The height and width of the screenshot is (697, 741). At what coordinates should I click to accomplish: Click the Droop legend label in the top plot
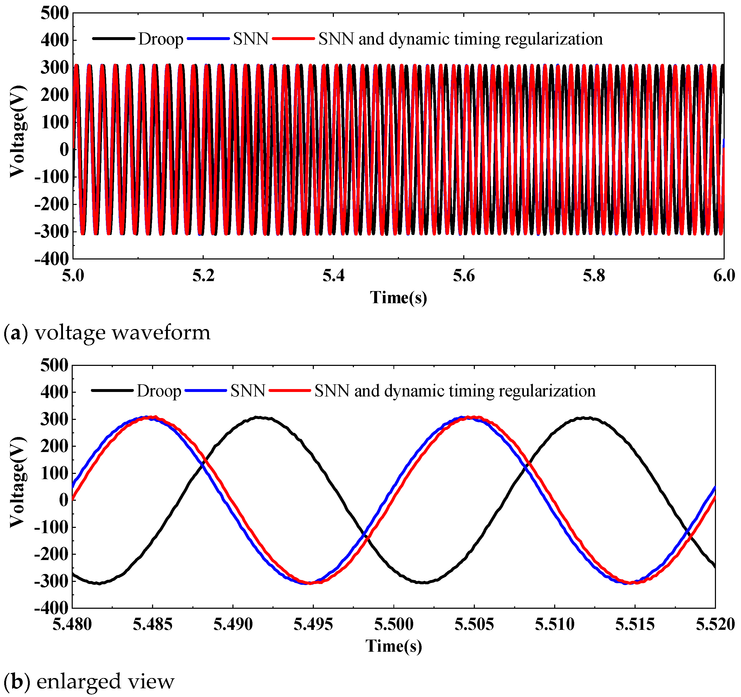[x=161, y=39]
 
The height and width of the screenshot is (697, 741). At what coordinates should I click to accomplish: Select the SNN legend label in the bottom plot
[x=247, y=391]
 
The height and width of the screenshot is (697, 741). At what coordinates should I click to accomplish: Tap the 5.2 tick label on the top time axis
[x=203, y=276]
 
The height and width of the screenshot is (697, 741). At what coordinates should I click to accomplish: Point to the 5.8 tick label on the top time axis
[x=594, y=276]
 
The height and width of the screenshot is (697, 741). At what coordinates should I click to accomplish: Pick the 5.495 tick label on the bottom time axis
[x=313, y=624]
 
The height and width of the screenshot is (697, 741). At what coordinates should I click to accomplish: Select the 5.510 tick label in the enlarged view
[x=555, y=624]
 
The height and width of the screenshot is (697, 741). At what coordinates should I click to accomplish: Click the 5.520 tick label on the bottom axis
[x=715, y=624]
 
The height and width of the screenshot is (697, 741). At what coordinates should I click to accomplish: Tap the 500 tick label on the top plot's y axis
[x=55, y=13]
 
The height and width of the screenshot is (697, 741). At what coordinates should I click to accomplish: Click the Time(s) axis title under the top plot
[x=398, y=298]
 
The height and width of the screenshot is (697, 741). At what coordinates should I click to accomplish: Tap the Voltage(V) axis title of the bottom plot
[x=18, y=483]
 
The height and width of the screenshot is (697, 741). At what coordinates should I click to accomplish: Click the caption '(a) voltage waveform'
[x=107, y=333]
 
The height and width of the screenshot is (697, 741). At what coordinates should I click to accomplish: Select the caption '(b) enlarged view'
[x=89, y=681]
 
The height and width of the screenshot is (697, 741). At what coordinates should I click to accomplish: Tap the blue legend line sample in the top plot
[x=208, y=38]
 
